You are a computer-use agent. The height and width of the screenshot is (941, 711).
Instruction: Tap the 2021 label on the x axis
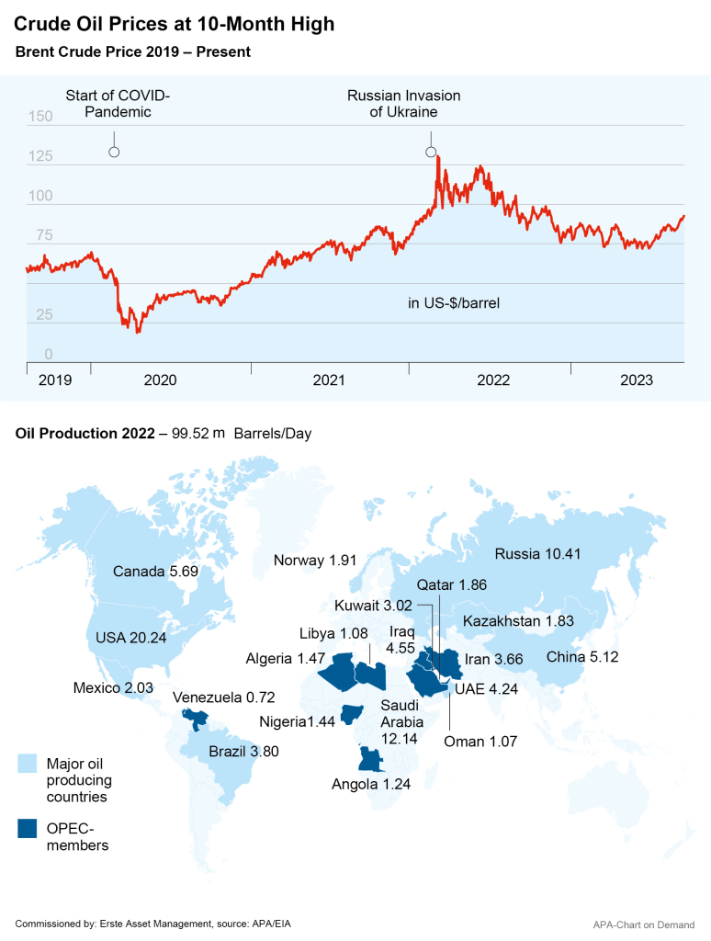[x=329, y=380]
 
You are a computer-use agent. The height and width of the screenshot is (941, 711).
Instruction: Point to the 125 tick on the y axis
[x=40, y=157]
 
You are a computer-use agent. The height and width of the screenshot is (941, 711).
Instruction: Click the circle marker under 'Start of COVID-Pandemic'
[x=114, y=152]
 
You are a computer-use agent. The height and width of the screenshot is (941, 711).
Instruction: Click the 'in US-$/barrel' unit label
[x=454, y=301]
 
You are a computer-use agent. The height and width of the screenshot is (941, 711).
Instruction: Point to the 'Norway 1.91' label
[x=315, y=561]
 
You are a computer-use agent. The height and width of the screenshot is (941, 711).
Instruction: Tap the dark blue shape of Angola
[x=369, y=760]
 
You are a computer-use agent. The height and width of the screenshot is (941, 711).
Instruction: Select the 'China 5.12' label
[x=585, y=657]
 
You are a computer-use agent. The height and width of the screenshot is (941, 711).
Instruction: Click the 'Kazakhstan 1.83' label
[x=518, y=621]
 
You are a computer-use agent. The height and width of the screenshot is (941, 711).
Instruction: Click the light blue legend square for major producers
[x=28, y=763]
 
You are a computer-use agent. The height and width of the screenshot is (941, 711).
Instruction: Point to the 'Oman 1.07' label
[x=478, y=742]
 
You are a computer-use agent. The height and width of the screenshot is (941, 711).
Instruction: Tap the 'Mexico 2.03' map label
[x=114, y=686]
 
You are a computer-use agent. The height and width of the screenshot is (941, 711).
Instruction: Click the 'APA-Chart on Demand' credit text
[x=646, y=924]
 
